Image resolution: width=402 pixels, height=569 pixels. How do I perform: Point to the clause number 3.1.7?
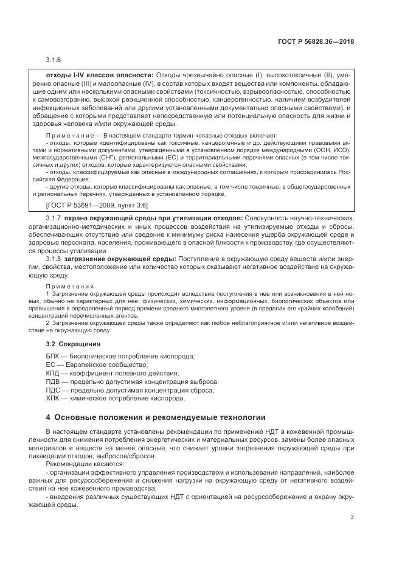54,217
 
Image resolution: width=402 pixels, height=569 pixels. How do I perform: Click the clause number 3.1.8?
54,258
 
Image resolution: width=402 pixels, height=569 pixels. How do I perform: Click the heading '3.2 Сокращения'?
72,344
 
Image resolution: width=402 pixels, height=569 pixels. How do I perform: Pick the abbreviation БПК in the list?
54,355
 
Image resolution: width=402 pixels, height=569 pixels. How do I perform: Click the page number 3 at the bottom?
352,518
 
